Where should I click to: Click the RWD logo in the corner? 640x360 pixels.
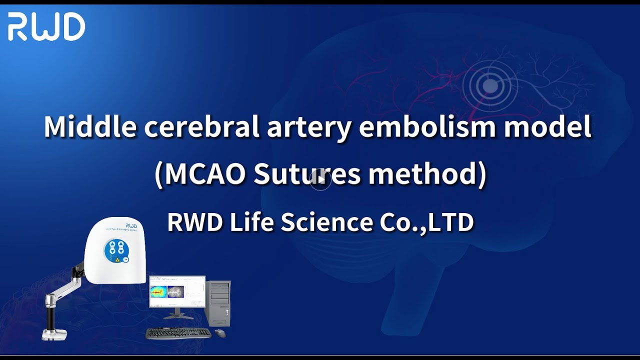[46, 27]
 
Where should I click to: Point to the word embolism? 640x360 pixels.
[426, 126]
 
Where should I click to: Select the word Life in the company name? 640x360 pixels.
[252, 222]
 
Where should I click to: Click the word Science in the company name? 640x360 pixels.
[327, 222]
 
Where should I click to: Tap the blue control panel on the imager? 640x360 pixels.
[116, 250]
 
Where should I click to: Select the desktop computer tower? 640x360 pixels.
[218, 302]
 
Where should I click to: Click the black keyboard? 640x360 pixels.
[178, 332]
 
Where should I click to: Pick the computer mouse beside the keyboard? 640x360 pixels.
[220, 332]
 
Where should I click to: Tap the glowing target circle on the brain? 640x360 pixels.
[490, 86]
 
